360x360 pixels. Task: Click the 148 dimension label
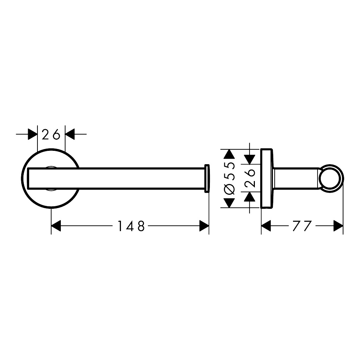click(x=131, y=226)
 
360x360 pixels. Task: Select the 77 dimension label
click(x=302, y=226)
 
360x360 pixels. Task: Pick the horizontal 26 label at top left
click(x=51, y=134)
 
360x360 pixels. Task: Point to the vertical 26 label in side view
click(x=250, y=178)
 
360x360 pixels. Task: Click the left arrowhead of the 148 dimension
click(x=56, y=226)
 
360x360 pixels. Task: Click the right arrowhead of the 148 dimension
click(x=204, y=226)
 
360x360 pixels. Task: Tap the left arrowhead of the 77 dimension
click(x=266, y=226)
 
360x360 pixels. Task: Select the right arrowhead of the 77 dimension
click(x=338, y=226)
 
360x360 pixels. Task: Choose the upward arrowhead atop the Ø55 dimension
click(x=230, y=154)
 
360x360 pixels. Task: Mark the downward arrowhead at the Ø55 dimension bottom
click(x=230, y=203)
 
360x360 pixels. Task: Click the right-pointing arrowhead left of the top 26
click(x=33, y=134)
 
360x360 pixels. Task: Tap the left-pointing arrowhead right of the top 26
click(x=70, y=134)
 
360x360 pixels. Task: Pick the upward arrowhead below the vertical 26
click(x=249, y=197)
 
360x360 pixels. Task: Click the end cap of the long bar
click(x=207, y=178)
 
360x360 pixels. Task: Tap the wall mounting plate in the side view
click(x=266, y=179)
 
